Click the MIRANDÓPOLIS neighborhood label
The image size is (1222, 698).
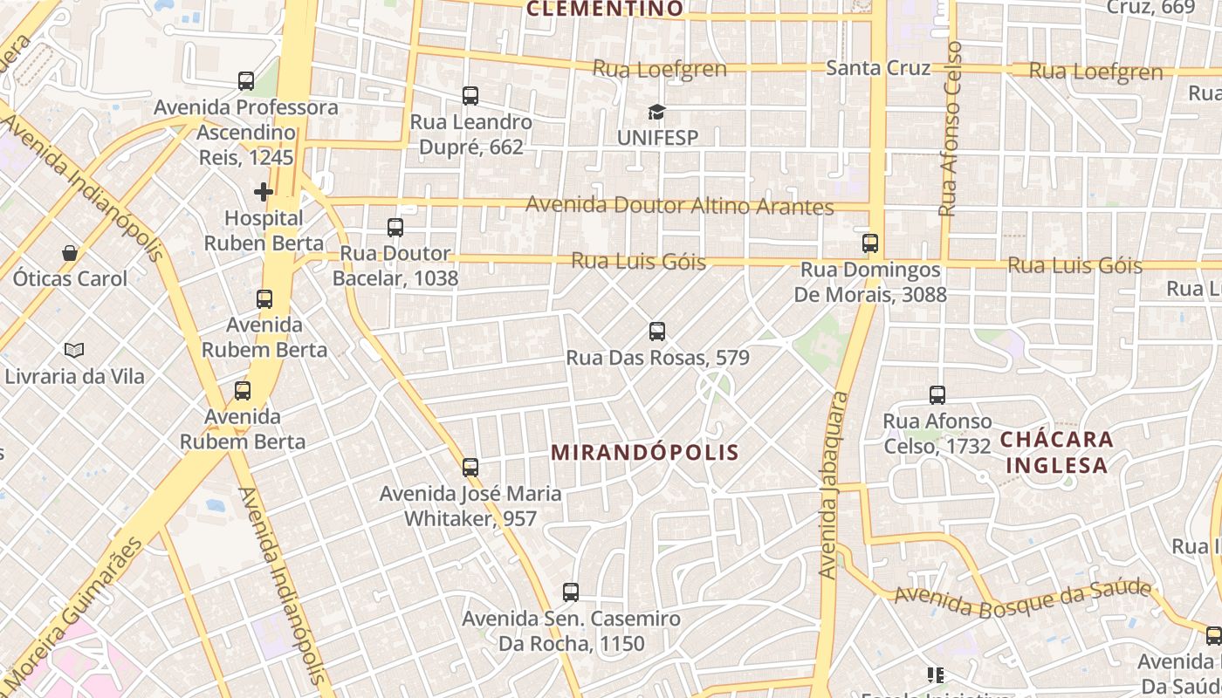pos(646,452)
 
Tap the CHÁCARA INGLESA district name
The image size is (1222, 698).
pos(1056,451)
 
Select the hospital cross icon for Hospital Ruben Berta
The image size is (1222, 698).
pos(264,191)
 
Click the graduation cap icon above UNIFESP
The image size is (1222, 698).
pos(656,112)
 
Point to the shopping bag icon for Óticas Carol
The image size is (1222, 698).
pos(70,253)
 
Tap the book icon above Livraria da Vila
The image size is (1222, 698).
pos(74,350)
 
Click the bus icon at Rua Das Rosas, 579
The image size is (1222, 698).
pos(657,332)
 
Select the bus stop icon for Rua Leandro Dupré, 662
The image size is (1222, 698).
pos(470,95)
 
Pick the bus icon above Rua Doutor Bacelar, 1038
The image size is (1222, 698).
pos(395,228)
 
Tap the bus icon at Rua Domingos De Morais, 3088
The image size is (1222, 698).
pos(870,243)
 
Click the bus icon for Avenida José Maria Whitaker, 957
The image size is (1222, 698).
pos(470,468)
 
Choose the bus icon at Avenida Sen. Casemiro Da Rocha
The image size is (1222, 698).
pos(571,592)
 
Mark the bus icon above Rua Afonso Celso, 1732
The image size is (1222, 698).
pos(937,395)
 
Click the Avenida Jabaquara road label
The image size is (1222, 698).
pos(833,484)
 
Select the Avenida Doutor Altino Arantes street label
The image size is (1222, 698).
pos(679,207)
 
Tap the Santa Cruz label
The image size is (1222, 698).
pos(878,68)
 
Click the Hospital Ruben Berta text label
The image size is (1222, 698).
pos(264,230)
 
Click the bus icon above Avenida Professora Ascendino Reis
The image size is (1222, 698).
pos(246,81)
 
